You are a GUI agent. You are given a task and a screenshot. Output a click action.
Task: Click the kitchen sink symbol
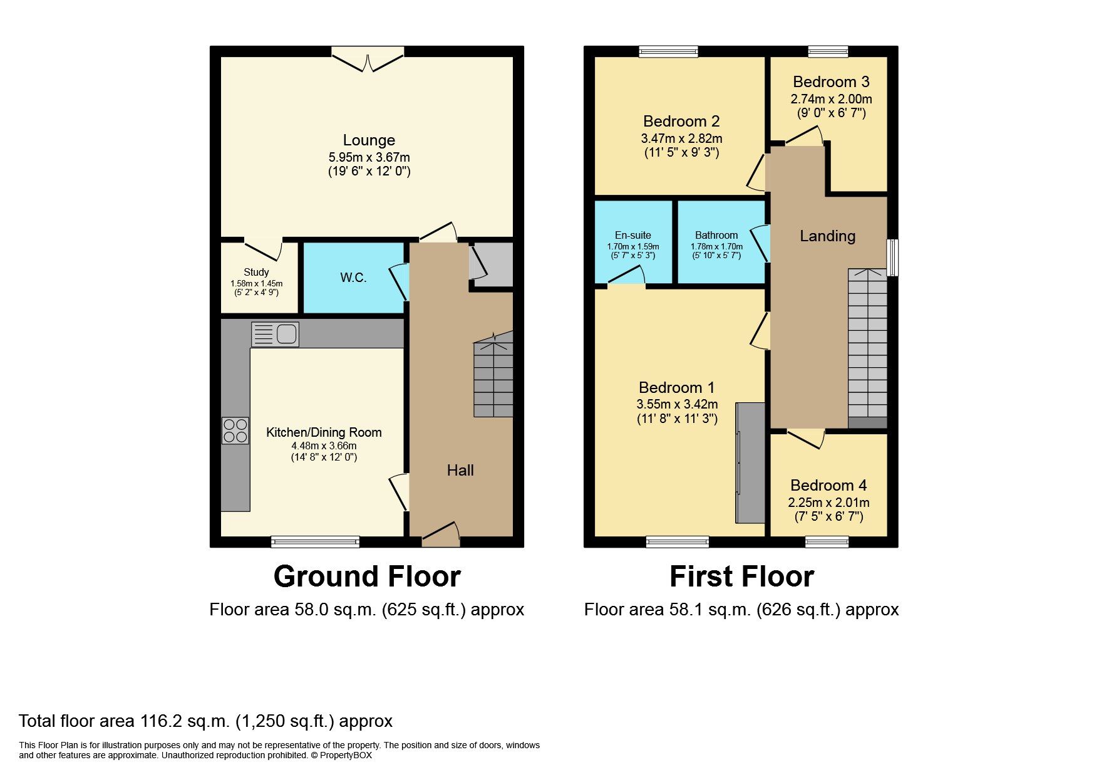click(275, 334)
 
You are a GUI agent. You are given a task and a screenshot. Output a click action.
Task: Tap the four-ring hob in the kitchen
click(235, 430)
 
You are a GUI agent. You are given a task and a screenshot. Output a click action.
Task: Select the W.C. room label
click(353, 278)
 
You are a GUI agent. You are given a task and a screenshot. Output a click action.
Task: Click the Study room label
click(256, 272)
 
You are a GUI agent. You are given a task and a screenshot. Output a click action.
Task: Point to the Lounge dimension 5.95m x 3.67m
click(369, 157)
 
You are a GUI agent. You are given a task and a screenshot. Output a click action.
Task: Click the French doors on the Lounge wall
click(368, 58)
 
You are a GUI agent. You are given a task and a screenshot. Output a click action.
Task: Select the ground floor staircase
click(493, 376)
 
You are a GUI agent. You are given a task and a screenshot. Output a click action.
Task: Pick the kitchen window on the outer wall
click(315, 541)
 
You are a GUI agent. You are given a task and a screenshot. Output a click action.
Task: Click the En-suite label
click(632, 235)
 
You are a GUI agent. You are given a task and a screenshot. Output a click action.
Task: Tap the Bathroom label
click(716, 235)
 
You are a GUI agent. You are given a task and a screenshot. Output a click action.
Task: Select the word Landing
click(827, 236)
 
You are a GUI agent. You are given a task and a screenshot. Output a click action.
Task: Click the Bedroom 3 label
click(831, 81)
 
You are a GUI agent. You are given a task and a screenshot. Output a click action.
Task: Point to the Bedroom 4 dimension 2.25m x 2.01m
click(828, 503)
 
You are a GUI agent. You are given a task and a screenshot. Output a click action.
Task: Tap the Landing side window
click(894, 257)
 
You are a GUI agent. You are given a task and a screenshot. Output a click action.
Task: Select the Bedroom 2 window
click(668, 52)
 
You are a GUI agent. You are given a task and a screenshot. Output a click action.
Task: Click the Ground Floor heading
click(367, 576)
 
